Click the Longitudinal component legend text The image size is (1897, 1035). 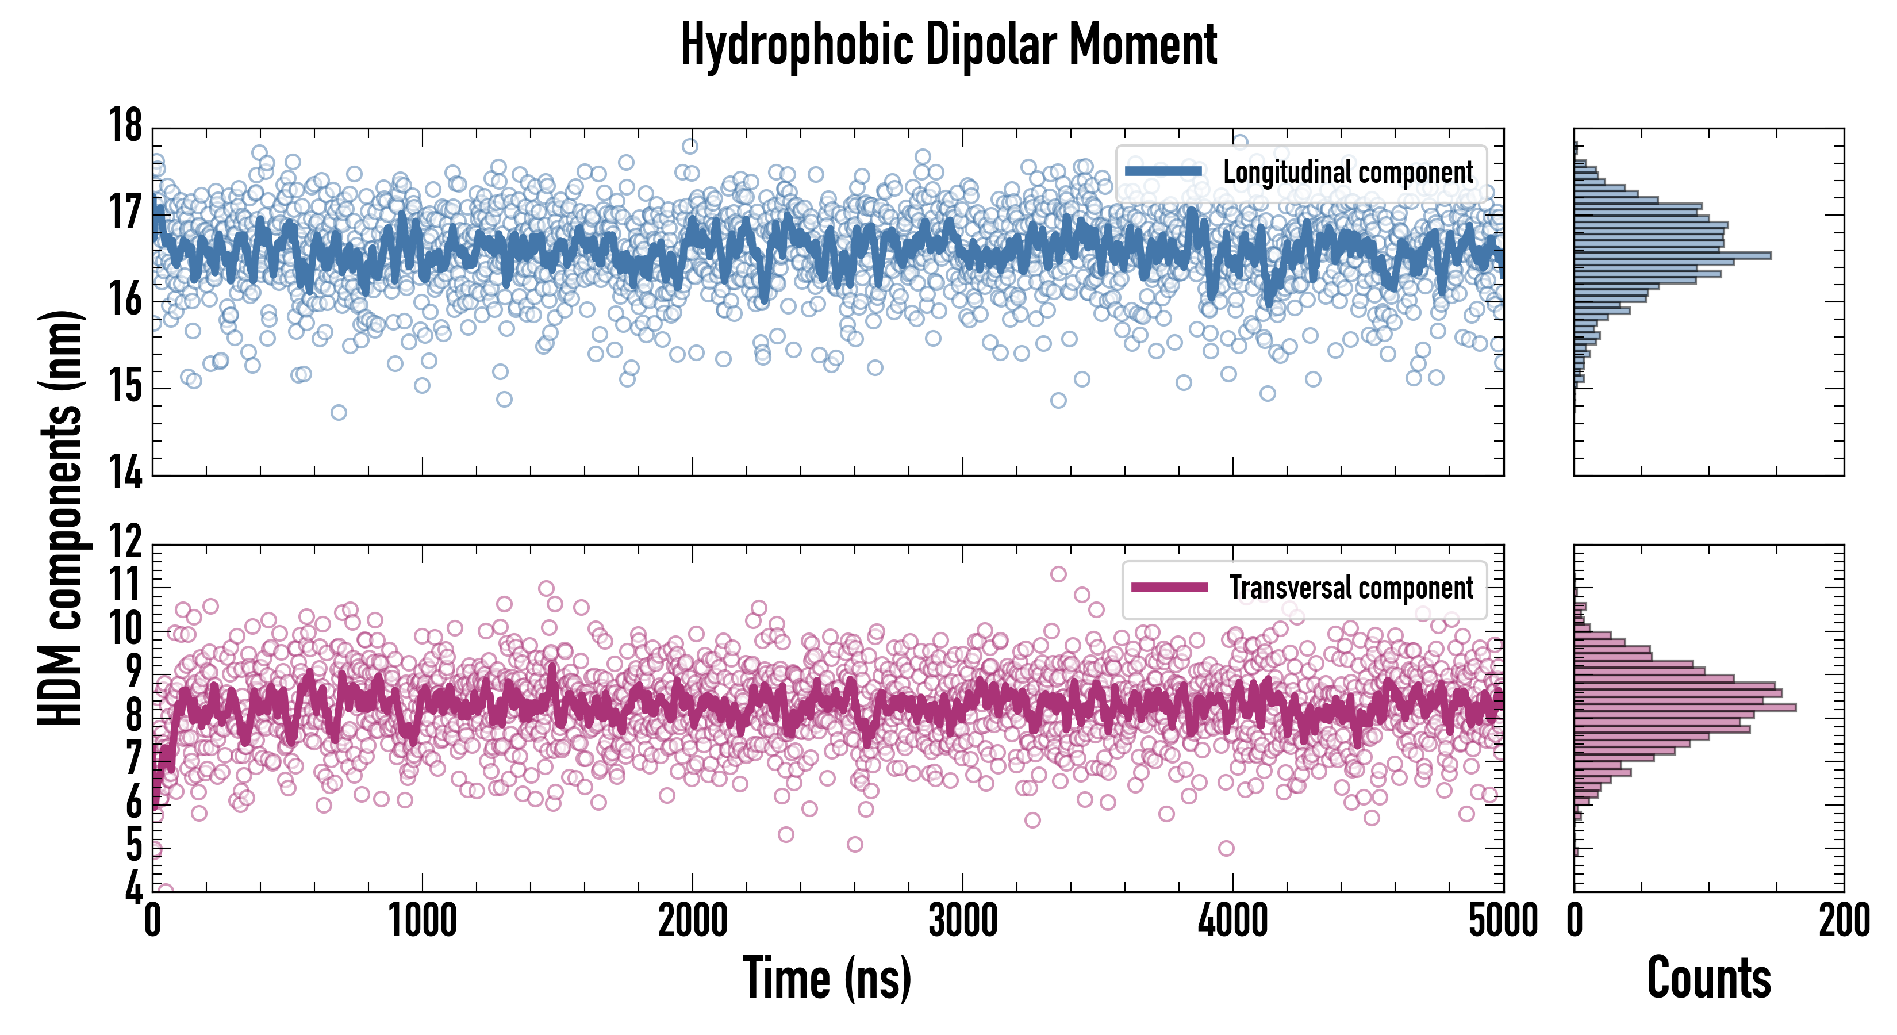(1347, 172)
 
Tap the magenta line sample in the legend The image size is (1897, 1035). (1169, 588)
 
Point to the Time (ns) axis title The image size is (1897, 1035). (827, 978)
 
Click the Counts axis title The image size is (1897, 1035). (1708, 978)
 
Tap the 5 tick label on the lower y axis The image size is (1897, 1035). (133, 846)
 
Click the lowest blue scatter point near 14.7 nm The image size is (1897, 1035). (338, 412)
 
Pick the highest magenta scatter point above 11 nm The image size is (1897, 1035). (1058, 574)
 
